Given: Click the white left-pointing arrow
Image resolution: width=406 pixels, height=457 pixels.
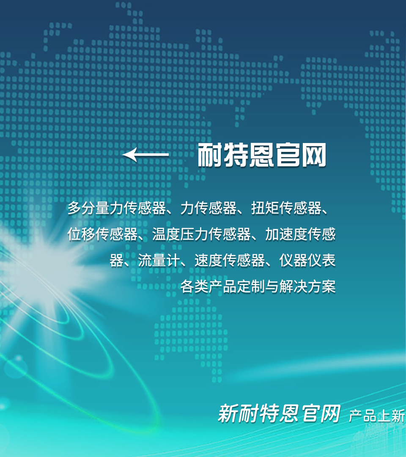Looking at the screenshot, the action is click(145, 154).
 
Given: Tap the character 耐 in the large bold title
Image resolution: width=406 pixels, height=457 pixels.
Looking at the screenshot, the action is click(210, 155).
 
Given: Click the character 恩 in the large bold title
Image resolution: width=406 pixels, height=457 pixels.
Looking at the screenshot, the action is click(262, 155).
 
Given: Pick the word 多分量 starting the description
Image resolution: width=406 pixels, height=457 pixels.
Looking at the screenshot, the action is click(88, 208).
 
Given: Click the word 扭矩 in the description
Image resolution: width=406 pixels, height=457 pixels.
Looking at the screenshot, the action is click(265, 208).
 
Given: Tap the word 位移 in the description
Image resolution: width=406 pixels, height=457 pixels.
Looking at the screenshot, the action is click(82, 234).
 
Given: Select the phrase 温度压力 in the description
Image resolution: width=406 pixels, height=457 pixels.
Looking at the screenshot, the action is click(180, 234).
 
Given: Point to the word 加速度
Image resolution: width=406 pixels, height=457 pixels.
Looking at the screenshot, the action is click(286, 234).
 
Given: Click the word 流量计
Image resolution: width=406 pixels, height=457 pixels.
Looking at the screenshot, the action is click(159, 260).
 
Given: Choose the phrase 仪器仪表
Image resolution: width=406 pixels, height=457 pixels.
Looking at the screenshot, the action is click(307, 260).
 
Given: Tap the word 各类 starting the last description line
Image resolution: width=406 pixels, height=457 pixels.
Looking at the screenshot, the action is click(194, 286).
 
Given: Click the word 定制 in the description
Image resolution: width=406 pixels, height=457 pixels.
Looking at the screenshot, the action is click(251, 286).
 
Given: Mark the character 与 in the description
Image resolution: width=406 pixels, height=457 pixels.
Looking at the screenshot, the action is click(272, 286).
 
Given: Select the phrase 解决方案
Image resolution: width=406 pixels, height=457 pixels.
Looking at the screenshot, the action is click(307, 286).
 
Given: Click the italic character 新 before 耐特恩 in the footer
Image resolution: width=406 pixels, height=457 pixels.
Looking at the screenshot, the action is click(228, 413).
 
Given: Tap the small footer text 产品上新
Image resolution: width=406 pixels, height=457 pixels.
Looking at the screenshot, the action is click(377, 416).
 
